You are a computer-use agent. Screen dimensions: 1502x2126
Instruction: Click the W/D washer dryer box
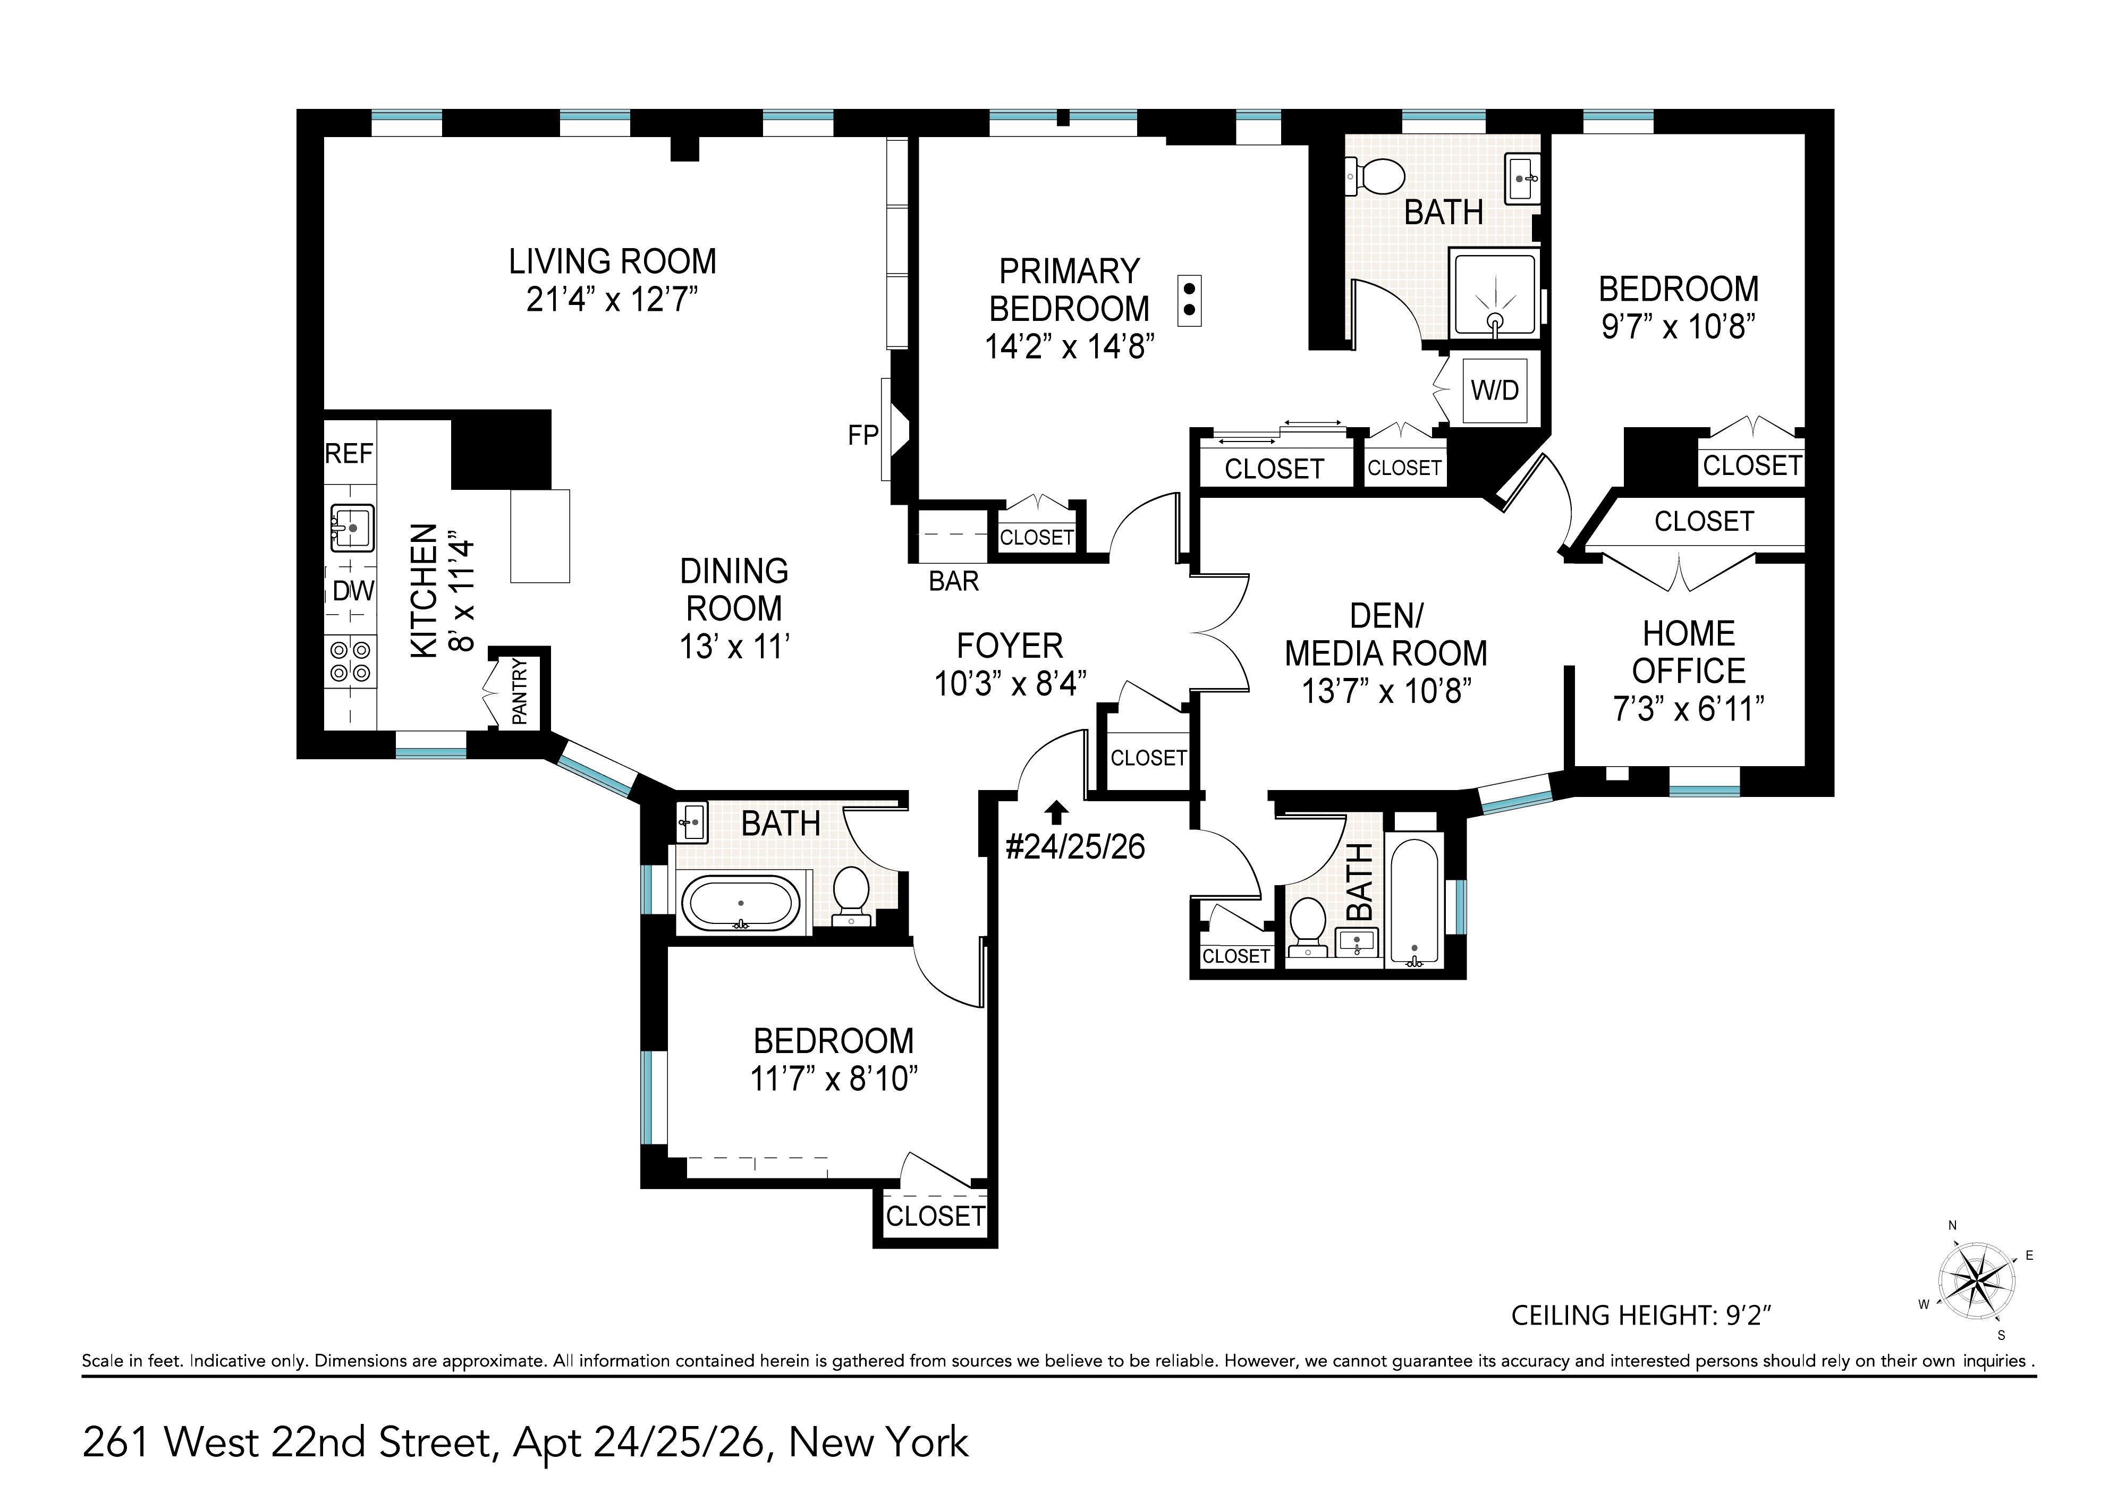[x=1495, y=390]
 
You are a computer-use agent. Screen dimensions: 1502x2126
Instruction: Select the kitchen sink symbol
[x=352, y=528]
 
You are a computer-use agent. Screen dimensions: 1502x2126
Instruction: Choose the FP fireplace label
[x=862, y=435]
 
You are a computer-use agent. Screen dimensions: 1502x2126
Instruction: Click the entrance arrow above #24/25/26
[x=1056, y=812]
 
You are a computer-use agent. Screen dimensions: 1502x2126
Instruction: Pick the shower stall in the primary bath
[x=1495, y=294]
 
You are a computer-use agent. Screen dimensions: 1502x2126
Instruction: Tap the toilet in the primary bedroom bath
[x=1376, y=176]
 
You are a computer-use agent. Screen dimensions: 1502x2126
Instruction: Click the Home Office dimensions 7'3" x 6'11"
[x=1688, y=709]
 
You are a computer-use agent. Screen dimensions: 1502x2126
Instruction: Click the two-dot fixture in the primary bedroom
[x=1189, y=300]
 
